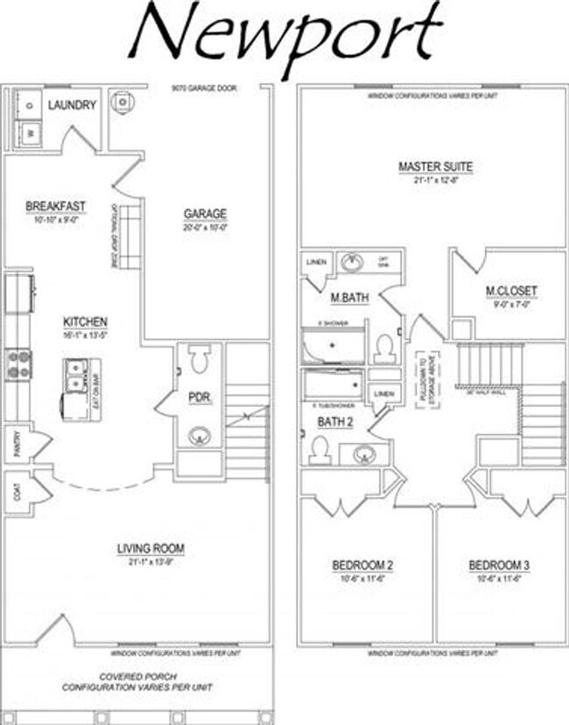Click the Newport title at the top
click(x=284, y=32)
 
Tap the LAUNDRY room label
click(x=72, y=105)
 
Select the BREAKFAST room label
click(x=55, y=206)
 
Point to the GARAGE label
click(x=205, y=214)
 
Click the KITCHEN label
click(x=84, y=321)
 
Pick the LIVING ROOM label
click(x=151, y=549)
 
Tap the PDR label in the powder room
click(x=199, y=398)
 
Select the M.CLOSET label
click(x=512, y=292)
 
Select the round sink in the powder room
click(x=199, y=436)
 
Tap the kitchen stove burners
click(x=18, y=363)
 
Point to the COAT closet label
click(x=15, y=493)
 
